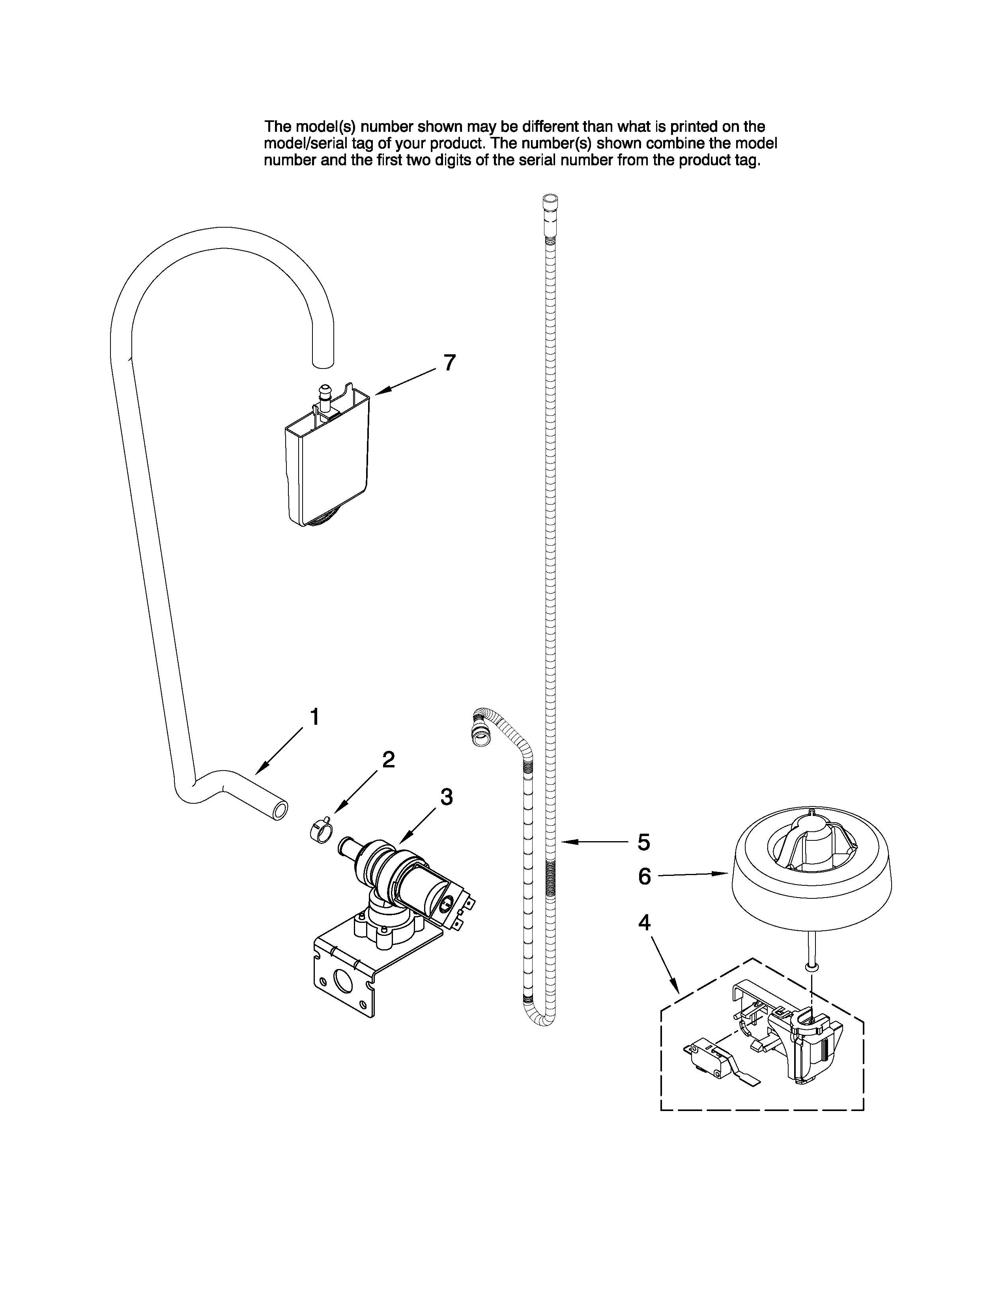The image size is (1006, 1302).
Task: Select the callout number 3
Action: tap(446, 797)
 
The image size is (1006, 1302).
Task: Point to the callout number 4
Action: tap(644, 922)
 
